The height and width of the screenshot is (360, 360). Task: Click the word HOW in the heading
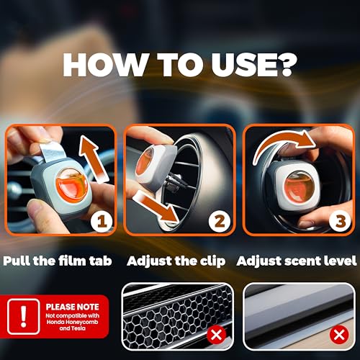tap(105, 65)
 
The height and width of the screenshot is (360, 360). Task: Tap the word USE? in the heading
tap(254, 65)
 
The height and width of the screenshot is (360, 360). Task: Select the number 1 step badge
tap(102, 221)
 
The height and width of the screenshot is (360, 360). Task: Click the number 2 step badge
tap(220, 221)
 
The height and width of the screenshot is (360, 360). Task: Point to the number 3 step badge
tap(341, 221)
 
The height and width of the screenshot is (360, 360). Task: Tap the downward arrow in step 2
tap(157, 207)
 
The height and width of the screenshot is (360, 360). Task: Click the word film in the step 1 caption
tap(73, 261)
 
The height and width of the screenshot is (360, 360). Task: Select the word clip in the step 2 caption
tap(212, 261)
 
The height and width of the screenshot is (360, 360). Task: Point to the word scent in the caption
tap(302, 261)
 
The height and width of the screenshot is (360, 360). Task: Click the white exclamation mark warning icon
tap(23, 316)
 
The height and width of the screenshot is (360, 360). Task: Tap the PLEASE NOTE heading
tap(73, 307)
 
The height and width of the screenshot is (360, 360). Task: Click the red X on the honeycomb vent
tap(216, 334)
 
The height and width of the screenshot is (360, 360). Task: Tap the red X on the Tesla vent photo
tap(339, 334)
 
